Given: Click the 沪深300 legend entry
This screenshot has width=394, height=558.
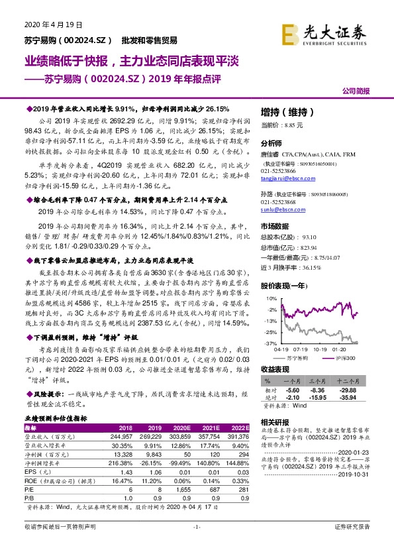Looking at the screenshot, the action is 344,357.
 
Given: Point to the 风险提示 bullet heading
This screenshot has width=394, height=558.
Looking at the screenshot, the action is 46,393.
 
